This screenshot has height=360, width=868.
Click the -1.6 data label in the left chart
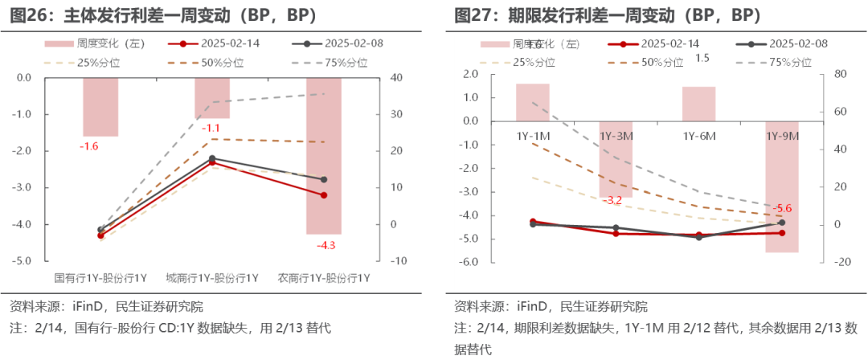pyautogui.click(x=88, y=146)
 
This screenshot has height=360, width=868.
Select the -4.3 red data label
pyautogui.click(x=326, y=245)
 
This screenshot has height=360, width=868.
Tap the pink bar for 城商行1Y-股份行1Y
pyautogui.click(x=212, y=98)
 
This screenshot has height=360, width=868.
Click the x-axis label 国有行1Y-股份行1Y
pyautogui.click(x=100, y=278)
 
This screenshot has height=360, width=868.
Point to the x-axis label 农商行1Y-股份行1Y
pyautogui.click(x=323, y=278)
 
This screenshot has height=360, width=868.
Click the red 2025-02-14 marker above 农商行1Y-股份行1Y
pyautogui.click(x=324, y=195)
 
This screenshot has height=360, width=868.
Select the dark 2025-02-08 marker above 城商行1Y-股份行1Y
pyautogui.click(x=212, y=158)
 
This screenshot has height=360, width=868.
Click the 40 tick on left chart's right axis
pyautogui.click(x=374, y=78)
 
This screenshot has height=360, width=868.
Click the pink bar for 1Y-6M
pyautogui.click(x=698, y=104)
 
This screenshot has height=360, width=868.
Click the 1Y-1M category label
pyautogui.click(x=532, y=137)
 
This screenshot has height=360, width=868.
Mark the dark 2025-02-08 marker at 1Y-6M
pyautogui.click(x=698, y=237)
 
